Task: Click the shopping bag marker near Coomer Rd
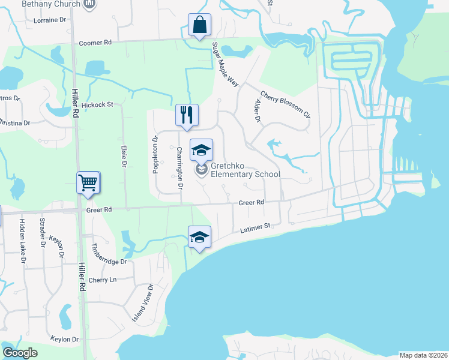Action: pyautogui.click(x=199, y=25)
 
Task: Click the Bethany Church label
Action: pyautogui.click(x=51, y=4)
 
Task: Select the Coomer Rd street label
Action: pyautogui.click(x=95, y=43)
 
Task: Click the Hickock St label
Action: pyautogui.click(x=97, y=104)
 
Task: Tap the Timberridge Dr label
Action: pyautogui.click(x=109, y=254)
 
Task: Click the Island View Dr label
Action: pyautogui.click(x=143, y=302)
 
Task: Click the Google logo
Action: pyautogui.click(x=20, y=352)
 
